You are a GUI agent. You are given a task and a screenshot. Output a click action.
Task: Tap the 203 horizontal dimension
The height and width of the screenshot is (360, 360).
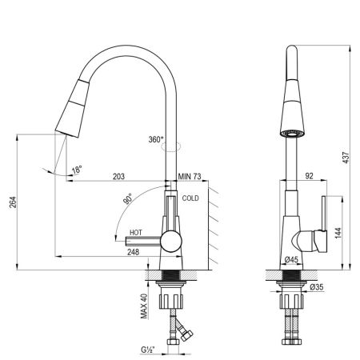pyautogui.click(x=118, y=176)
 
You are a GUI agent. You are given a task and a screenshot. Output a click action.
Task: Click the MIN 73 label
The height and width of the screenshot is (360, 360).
pyautogui.click(x=190, y=176)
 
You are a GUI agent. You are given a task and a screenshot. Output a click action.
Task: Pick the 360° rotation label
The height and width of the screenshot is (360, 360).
pyautogui.click(x=156, y=138)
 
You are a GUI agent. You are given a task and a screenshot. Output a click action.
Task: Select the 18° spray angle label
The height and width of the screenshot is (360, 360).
pyautogui.click(x=76, y=170)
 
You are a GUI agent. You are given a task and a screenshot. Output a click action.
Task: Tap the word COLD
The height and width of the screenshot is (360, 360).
pyautogui.click(x=190, y=198)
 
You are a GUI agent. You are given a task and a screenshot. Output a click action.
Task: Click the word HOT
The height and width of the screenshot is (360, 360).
pyautogui.click(x=136, y=234)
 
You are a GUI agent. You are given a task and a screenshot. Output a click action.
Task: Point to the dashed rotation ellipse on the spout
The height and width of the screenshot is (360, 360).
pyautogui.click(x=172, y=146)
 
